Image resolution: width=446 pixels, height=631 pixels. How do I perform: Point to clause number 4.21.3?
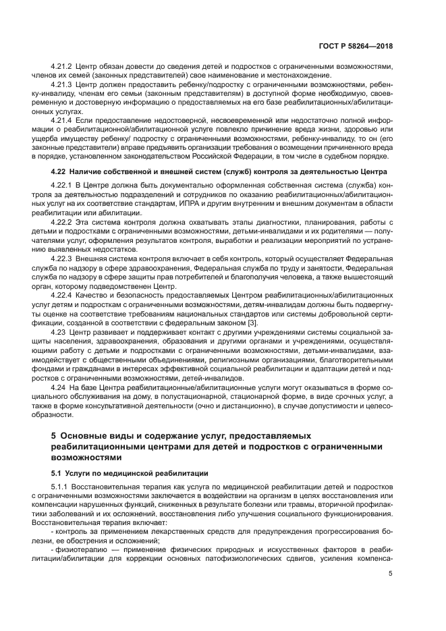click(x=63, y=86)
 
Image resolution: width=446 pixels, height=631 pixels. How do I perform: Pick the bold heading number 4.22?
click(x=59, y=173)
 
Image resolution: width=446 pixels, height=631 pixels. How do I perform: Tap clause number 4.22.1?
click(x=63, y=185)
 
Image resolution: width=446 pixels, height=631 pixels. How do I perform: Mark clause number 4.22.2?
click(x=63, y=221)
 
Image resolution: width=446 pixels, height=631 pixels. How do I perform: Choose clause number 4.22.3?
click(x=63, y=257)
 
